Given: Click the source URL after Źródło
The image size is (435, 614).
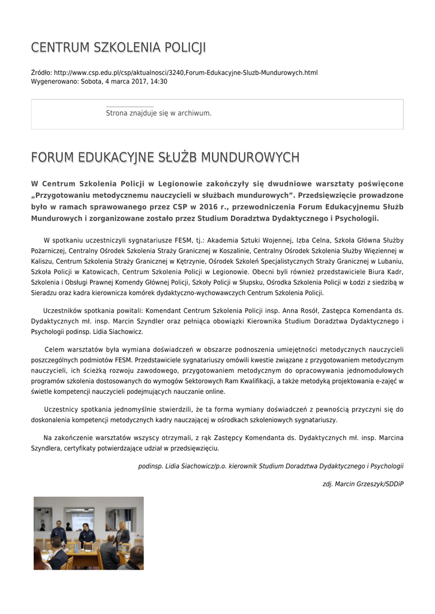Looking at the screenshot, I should pyautogui.click(x=185, y=73).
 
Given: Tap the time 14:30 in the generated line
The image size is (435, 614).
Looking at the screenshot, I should pyautogui.click(x=159, y=82).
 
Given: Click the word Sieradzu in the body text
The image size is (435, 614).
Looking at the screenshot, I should pyautogui.click(x=44, y=293).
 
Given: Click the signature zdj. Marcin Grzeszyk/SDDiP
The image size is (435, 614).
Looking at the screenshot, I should pyautogui.click(x=363, y=483).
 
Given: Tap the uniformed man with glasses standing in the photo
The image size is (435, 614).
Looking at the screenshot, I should pyautogui.click(x=59, y=531).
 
